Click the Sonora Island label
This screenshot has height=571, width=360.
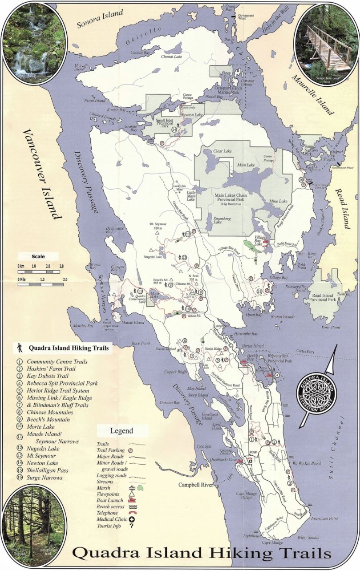point(100,19)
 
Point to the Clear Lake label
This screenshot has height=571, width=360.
point(223,151)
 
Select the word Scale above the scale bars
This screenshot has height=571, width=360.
point(38,256)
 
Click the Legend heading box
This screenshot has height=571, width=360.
point(121,431)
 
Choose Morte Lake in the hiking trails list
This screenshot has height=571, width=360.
point(40,427)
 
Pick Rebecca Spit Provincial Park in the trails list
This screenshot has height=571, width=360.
point(62,383)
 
